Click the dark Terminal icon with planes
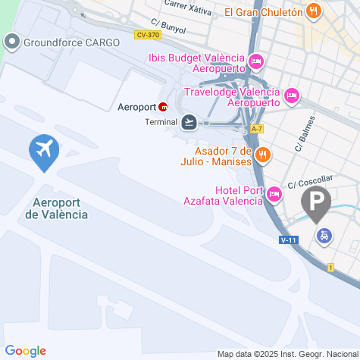189,121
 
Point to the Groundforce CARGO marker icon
11,42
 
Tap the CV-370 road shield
147,35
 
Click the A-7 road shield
256,128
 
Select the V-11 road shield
288,240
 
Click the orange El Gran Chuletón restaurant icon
314,11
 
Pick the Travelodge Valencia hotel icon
292,95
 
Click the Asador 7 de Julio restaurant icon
263,155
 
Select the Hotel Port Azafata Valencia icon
274,196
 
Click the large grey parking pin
316,201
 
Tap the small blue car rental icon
324,236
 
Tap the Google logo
25,350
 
